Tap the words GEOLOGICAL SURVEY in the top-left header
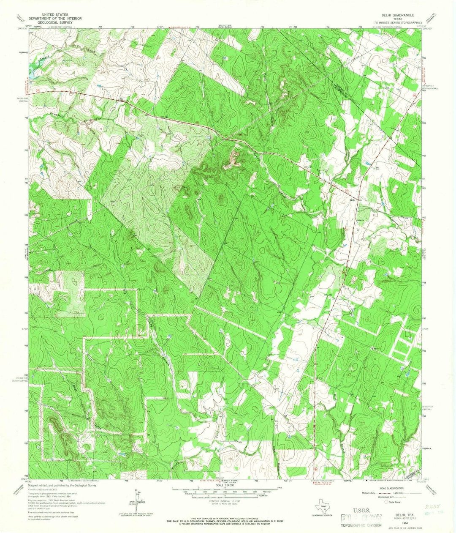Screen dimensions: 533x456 52,21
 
